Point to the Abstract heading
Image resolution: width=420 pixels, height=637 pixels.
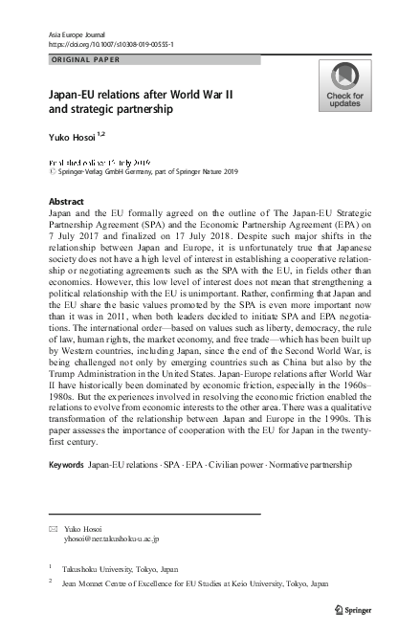tap(66, 202)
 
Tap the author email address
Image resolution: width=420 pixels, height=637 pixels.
tap(108, 538)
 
